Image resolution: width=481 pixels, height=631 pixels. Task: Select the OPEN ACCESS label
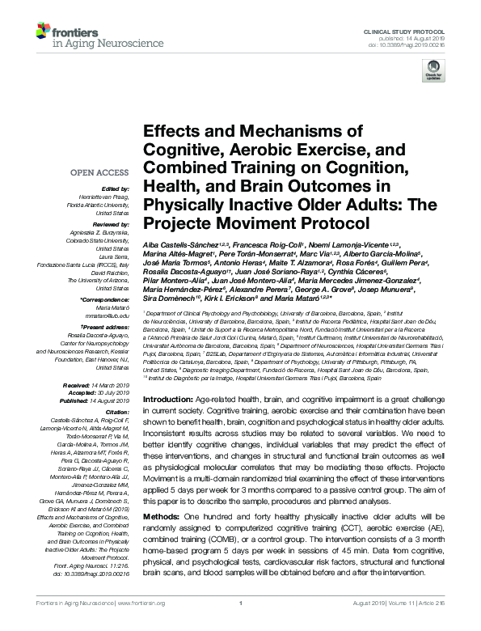(100, 172)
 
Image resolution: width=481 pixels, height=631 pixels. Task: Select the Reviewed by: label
(111, 222)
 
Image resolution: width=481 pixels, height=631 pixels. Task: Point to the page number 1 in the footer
(241, 625)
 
